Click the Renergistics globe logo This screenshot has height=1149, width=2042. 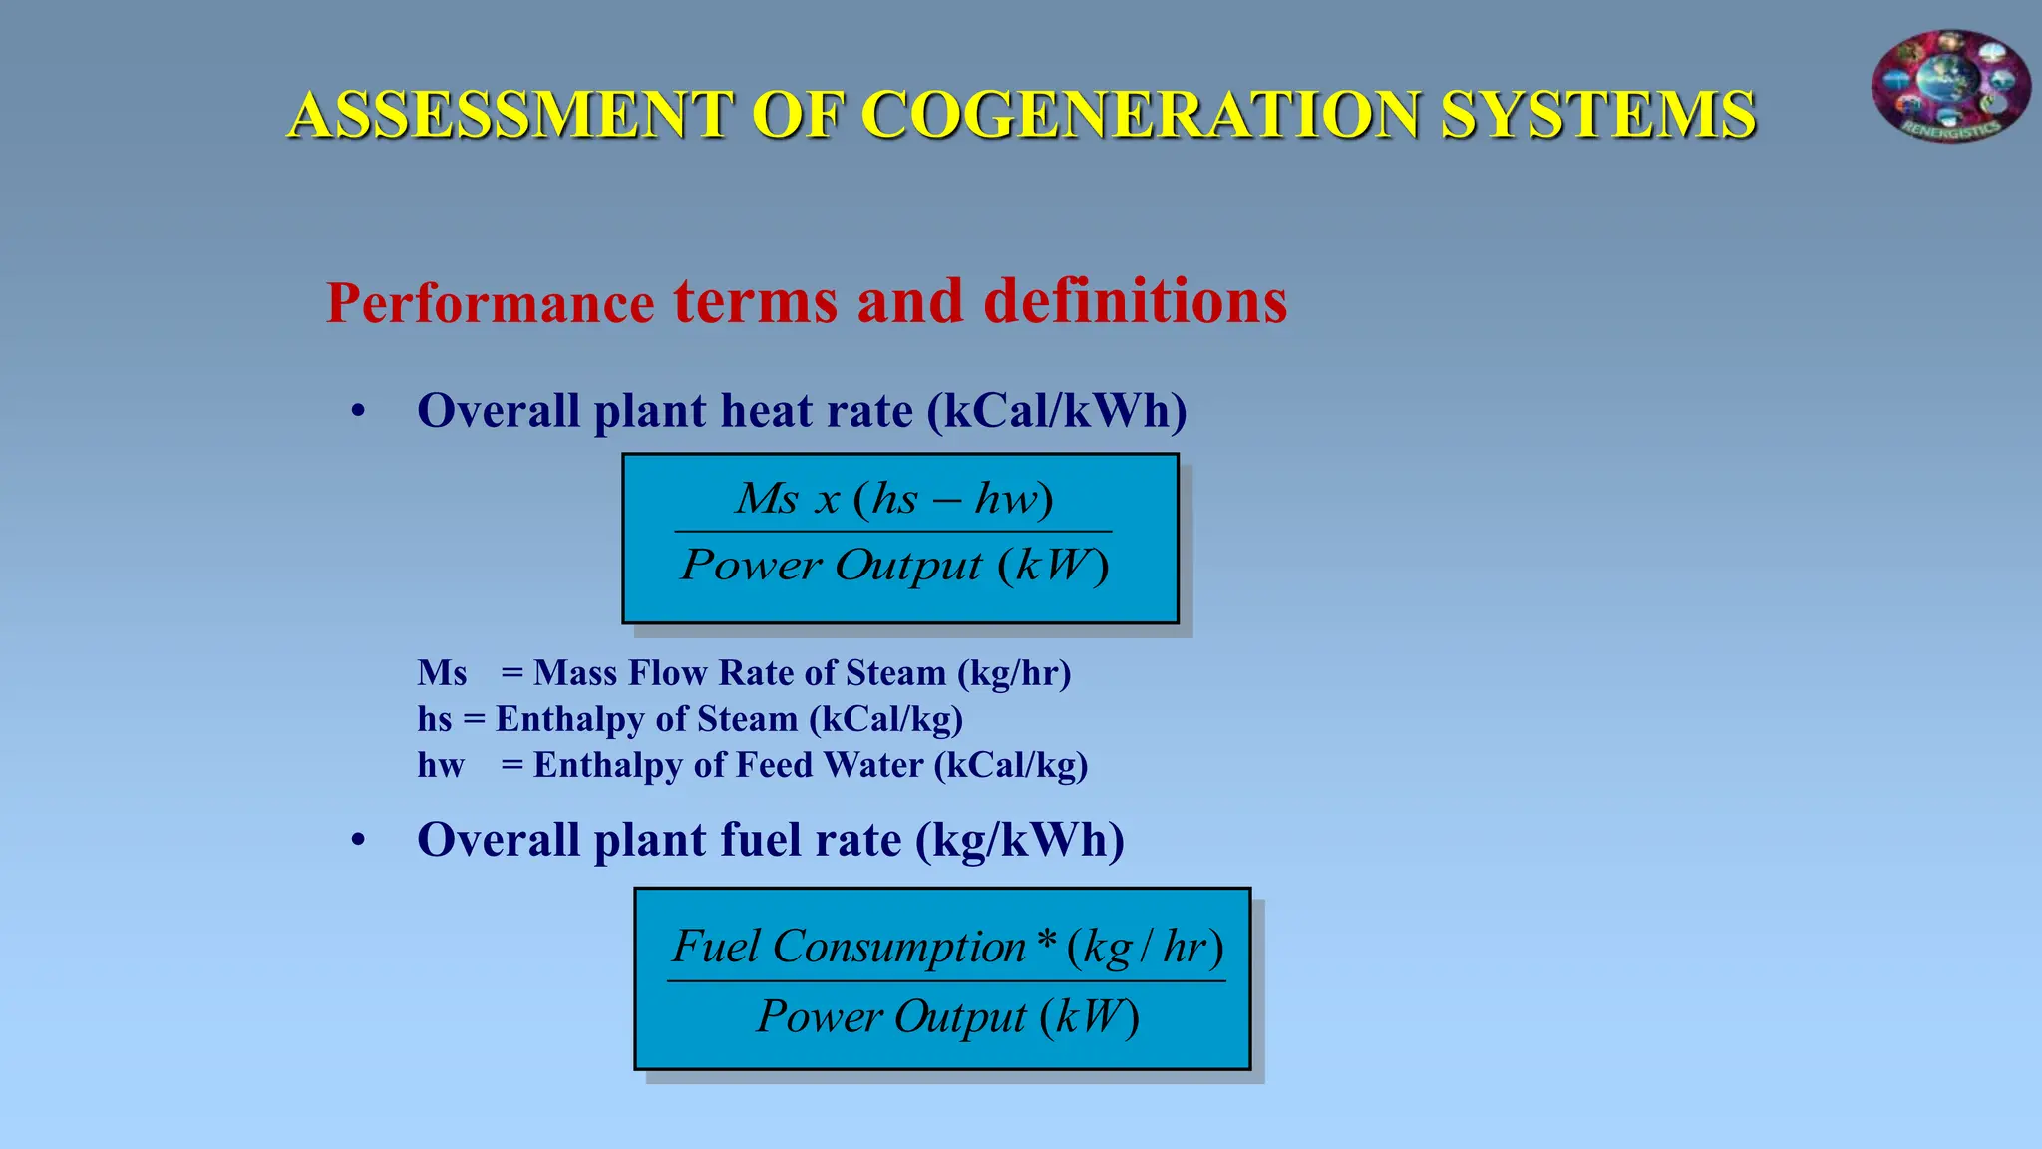click(1950, 86)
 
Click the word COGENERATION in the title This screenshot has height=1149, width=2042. click(1141, 114)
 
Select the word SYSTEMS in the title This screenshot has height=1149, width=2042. click(1598, 114)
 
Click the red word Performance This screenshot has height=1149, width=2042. click(490, 303)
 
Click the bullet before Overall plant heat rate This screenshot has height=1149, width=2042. click(358, 411)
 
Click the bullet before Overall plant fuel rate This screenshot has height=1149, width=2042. click(358, 840)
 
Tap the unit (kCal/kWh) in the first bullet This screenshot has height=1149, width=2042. click(1057, 411)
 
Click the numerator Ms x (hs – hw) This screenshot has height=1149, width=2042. click(894, 498)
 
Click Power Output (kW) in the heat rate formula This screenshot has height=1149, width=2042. click(894, 565)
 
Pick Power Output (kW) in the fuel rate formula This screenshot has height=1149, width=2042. click(947, 1016)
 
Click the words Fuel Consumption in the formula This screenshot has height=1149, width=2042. click(849, 946)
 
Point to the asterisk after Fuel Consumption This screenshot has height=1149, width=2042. click(1046, 941)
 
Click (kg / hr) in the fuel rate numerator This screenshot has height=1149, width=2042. click(1145, 947)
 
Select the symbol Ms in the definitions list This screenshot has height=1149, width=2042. click(442, 673)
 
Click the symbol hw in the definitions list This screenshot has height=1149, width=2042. click(441, 765)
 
